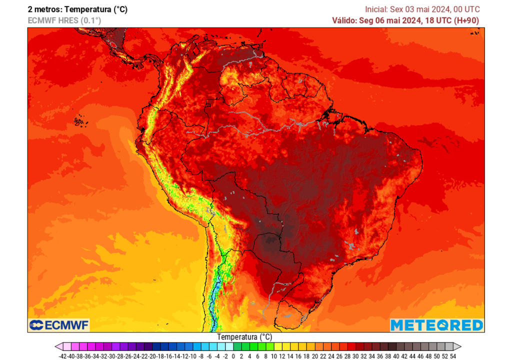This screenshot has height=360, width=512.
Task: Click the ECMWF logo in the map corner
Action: (59, 325)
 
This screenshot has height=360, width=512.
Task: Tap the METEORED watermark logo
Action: (436, 325)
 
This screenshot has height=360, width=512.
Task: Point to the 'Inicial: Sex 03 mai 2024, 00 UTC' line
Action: (422, 9)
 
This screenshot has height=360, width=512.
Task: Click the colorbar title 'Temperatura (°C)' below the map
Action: (244, 337)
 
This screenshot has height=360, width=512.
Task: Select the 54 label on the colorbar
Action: (453, 356)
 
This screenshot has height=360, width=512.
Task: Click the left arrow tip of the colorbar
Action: (56, 346)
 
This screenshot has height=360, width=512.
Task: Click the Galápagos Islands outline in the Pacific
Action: (78, 121)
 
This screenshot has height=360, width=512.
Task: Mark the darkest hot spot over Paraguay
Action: (270, 243)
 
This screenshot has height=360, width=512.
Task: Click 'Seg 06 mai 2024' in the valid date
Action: (389, 20)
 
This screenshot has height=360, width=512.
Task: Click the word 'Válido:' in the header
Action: (345, 20)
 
